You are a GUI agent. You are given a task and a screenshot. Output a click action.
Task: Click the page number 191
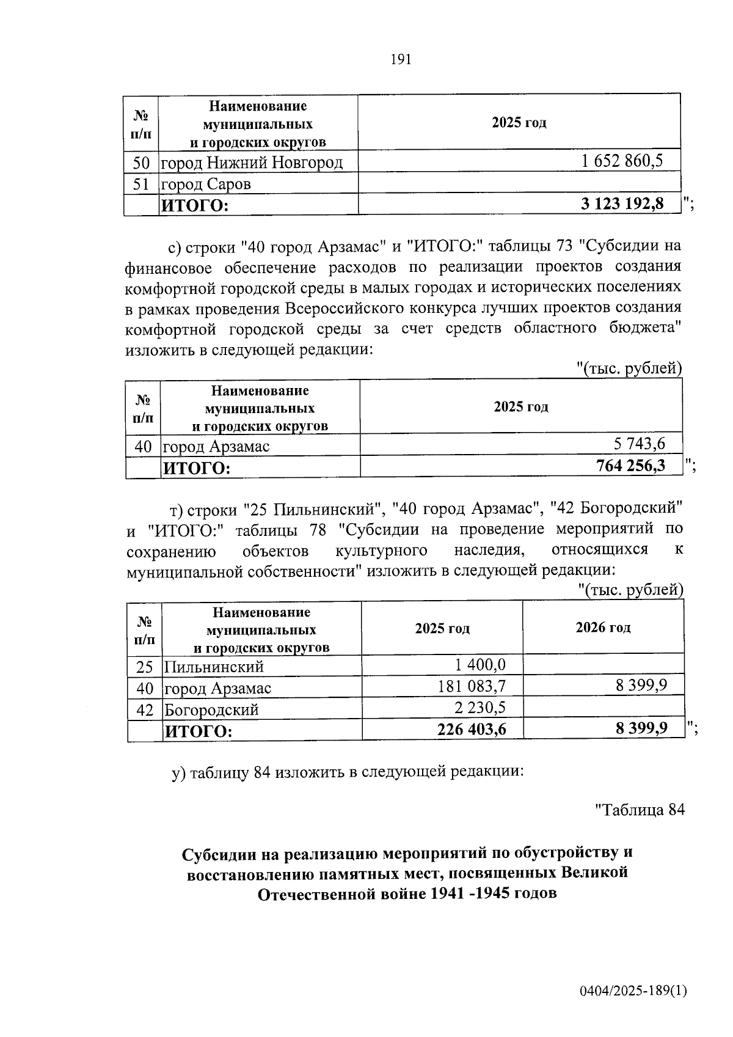(x=401, y=59)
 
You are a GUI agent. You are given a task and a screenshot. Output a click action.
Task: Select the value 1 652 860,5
(x=622, y=161)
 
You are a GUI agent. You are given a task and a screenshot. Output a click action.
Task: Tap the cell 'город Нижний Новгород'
(x=252, y=163)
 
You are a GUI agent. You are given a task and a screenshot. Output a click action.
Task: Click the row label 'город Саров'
(x=206, y=184)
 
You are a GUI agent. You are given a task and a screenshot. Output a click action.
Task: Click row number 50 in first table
(x=141, y=163)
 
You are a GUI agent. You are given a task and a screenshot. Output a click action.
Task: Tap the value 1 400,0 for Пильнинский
(x=480, y=665)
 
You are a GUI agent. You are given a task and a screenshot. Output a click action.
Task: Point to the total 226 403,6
(x=472, y=729)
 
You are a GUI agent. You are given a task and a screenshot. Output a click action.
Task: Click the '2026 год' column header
(x=603, y=628)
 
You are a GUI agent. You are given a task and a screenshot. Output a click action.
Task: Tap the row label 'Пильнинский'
(x=214, y=667)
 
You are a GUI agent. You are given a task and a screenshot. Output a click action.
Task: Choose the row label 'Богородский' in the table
(x=212, y=709)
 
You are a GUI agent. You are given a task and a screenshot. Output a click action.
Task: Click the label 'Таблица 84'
(x=640, y=810)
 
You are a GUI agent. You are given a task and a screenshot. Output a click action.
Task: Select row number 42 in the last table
(x=145, y=709)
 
